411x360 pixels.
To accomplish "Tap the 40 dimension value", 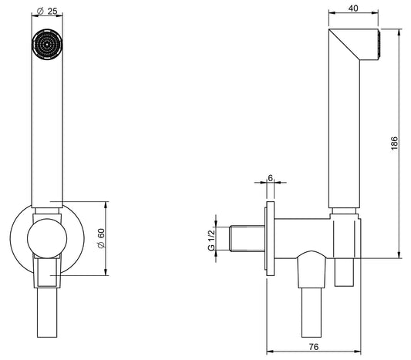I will pyautogui.click(x=353, y=9).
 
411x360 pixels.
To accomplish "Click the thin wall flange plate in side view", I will pyautogui.click(x=270, y=240).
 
